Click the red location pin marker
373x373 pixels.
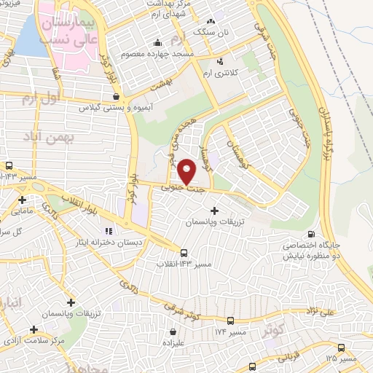pos(188,171)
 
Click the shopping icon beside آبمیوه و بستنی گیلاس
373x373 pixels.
pos(117,95)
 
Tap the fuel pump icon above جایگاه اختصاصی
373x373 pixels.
pos(312,235)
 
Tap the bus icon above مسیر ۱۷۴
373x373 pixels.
pos(230,321)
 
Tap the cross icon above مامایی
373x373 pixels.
pos(23,200)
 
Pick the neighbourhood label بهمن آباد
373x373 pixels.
pos(52,136)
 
